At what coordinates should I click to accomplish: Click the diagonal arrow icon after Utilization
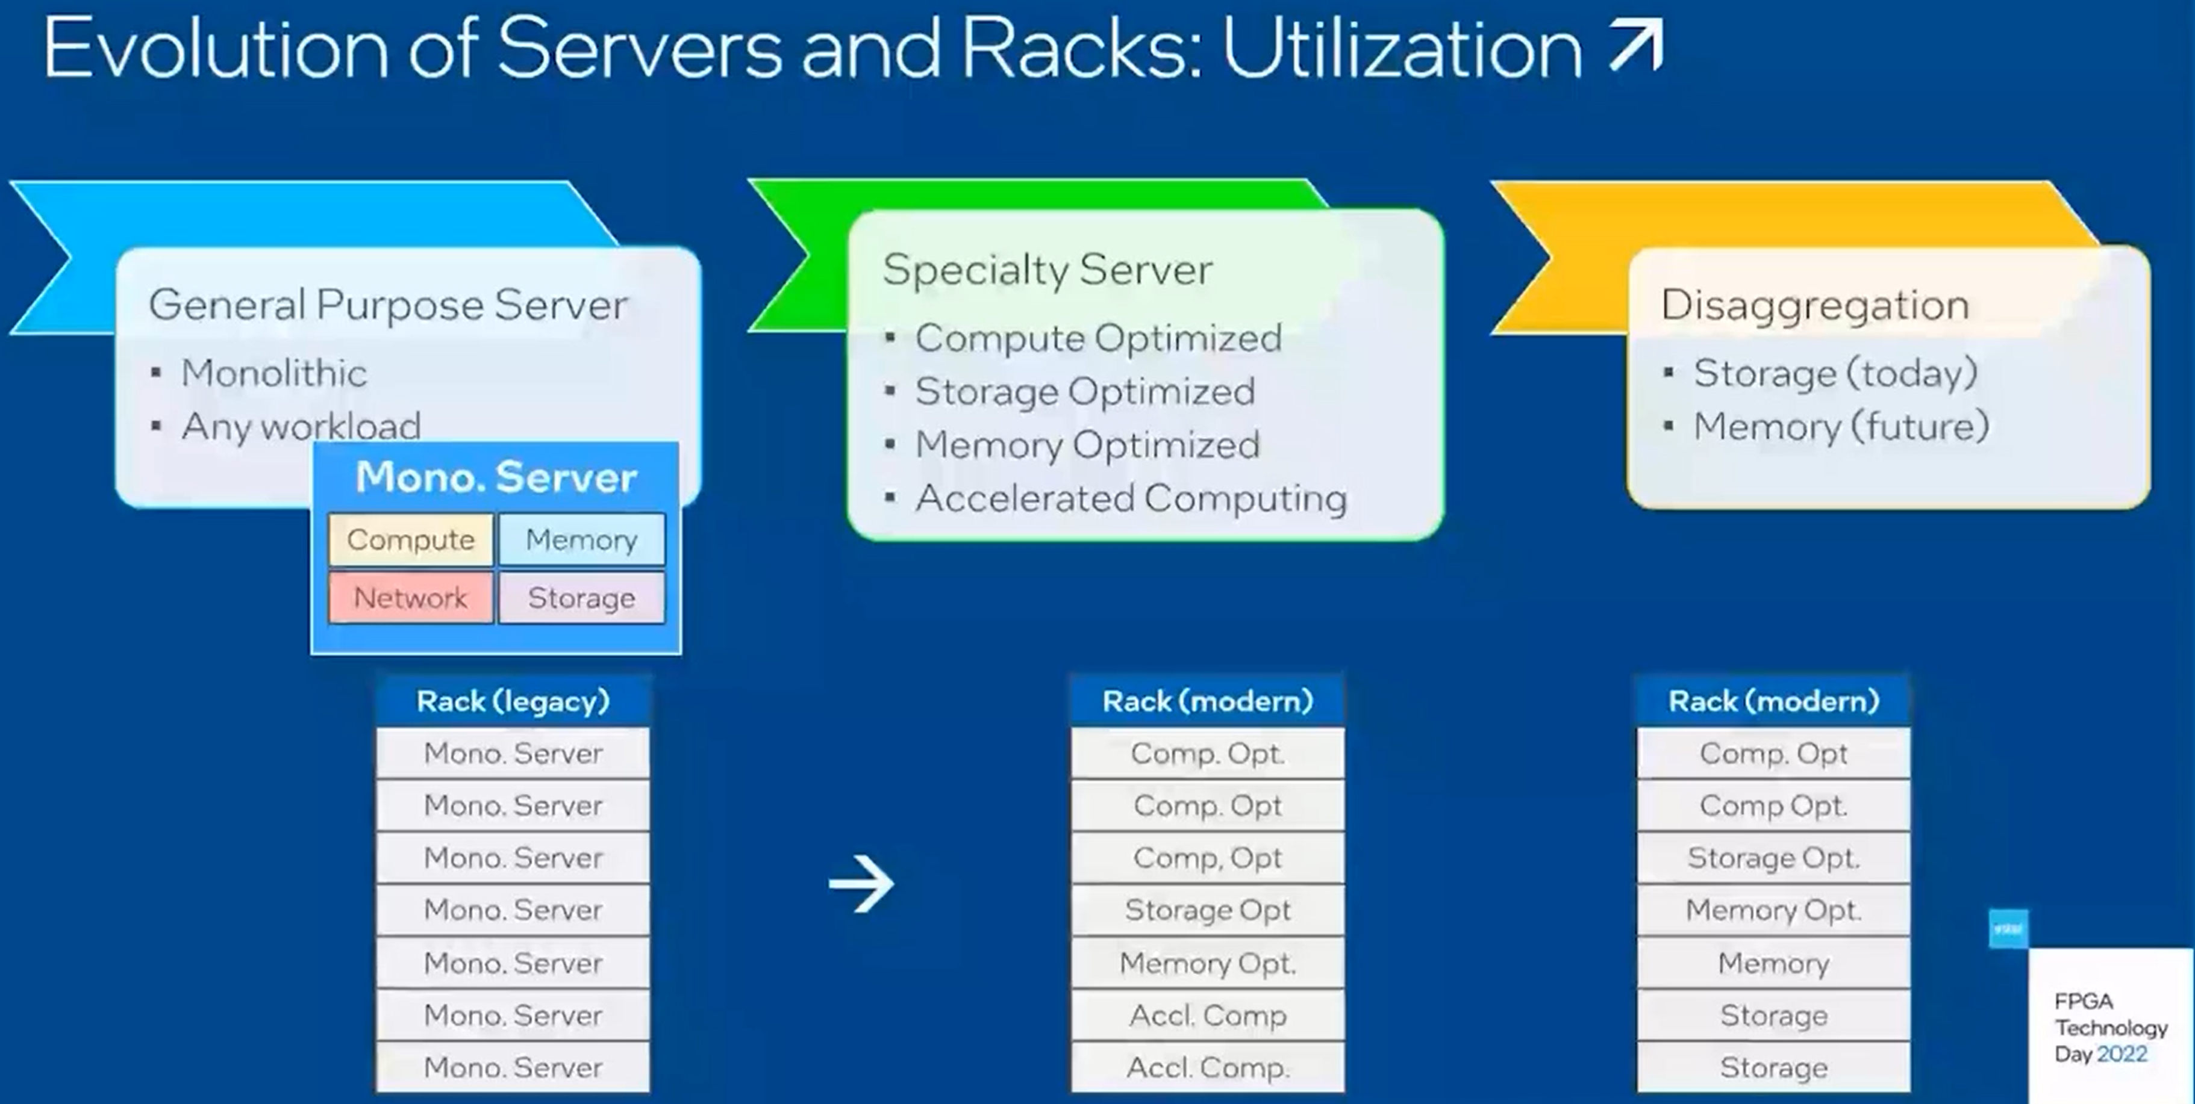click(x=1636, y=48)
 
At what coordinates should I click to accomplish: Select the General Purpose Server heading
click(x=388, y=305)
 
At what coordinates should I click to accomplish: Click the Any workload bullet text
click(x=301, y=426)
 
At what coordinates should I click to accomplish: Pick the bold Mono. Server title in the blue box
click(x=496, y=477)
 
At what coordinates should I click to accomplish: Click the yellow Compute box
click(x=411, y=539)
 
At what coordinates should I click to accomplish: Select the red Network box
click(x=411, y=597)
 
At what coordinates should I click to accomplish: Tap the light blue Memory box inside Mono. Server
click(x=581, y=539)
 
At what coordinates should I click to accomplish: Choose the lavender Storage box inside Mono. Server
click(x=581, y=597)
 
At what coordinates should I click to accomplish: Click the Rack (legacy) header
click(x=513, y=701)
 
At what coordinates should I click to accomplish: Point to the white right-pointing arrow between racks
click(x=861, y=883)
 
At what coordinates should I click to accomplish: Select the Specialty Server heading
click(x=1048, y=270)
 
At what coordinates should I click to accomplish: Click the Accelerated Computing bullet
click(x=1131, y=498)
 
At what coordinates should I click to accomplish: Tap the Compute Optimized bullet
click(x=1098, y=338)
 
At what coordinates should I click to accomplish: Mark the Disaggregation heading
click(x=1815, y=305)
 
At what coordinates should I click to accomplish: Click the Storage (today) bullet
click(x=1835, y=373)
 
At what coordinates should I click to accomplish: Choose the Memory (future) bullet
click(x=1841, y=426)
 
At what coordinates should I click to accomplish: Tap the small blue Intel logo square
click(x=2008, y=928)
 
